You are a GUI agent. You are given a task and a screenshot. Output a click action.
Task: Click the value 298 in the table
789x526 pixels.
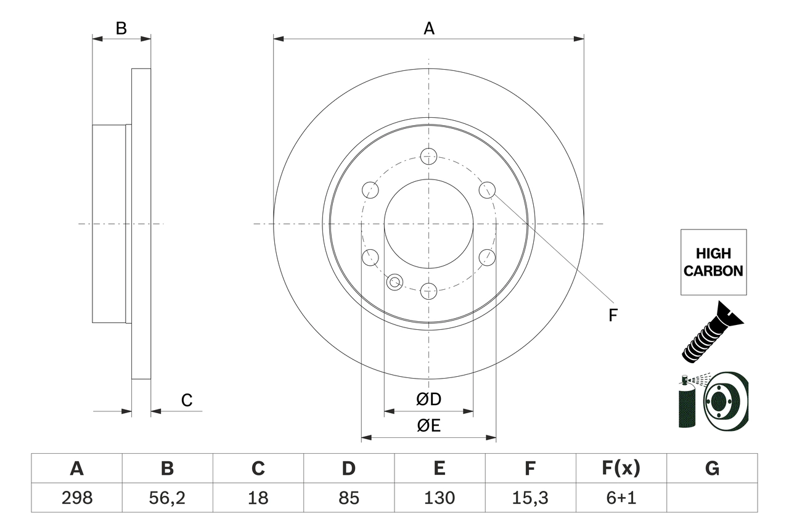click(x=76, y=498)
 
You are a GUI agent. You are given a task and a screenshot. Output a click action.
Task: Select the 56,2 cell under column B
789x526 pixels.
click(x=167, y=498)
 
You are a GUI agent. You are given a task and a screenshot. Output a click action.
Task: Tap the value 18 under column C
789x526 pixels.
click(x=258, y=498)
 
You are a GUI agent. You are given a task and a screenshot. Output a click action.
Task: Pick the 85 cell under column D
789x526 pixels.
click(x=348, y=498)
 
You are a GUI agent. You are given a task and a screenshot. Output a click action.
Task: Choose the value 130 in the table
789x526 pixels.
click(x=439, y=498)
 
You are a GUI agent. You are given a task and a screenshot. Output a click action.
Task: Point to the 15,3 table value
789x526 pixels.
click(x=529, y=498)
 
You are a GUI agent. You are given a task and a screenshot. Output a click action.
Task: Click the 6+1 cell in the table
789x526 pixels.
click(x=621, y=498)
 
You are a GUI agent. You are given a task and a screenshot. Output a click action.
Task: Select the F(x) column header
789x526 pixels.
click(x=621, y=469)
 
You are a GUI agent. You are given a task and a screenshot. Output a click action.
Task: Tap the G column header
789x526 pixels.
click(x=712, y=469)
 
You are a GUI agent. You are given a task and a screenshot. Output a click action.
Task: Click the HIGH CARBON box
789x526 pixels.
click(x=713, y=262)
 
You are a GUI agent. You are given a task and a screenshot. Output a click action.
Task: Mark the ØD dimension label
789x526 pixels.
click(x=429, y=400)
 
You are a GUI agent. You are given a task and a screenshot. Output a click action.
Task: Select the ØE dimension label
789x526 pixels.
click(x=429, y=426)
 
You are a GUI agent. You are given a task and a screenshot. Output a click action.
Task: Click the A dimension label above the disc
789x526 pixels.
click(x=429, y=28)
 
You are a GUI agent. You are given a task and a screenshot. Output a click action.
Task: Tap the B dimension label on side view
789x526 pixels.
click(x=121, y=28)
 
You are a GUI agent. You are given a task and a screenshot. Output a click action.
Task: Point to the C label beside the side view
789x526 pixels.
click(x=187, y=401)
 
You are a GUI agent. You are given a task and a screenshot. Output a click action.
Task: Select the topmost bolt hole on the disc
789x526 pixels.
click(x=428, y=156)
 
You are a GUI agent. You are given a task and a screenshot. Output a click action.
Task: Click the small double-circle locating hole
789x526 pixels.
click(x=394, y=282)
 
